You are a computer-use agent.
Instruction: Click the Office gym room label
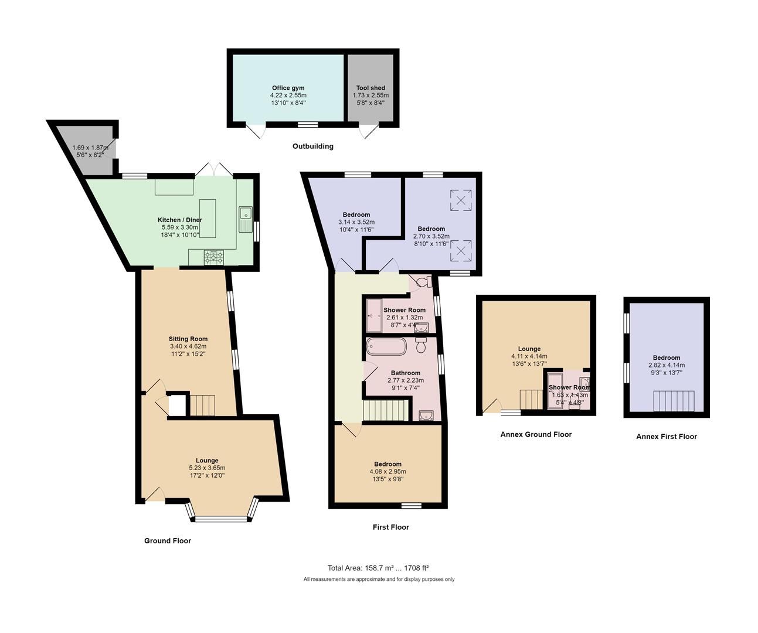point(288,88)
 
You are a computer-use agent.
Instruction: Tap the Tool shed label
point(370,88)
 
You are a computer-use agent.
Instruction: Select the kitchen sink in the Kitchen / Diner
point(245,218)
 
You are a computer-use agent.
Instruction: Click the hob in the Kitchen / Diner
point(214,257)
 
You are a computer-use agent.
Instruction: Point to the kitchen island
point(208,218)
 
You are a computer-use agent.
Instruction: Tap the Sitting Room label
point(188,339)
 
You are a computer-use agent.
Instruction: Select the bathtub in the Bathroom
point(386,346)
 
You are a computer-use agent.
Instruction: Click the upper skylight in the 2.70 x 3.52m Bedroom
point(461,200)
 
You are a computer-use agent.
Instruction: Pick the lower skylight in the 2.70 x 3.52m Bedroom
point(461,251)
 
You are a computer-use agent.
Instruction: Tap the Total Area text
point(378,568)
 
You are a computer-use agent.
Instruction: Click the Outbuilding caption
point(312,147)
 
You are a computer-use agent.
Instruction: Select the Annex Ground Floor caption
point(535,434)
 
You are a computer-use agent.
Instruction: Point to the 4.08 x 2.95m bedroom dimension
point(388,471)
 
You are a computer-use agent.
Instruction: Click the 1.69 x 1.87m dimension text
point(90,148)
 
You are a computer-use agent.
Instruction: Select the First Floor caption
point(390,527)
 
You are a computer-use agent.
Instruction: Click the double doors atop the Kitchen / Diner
point(214,169)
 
